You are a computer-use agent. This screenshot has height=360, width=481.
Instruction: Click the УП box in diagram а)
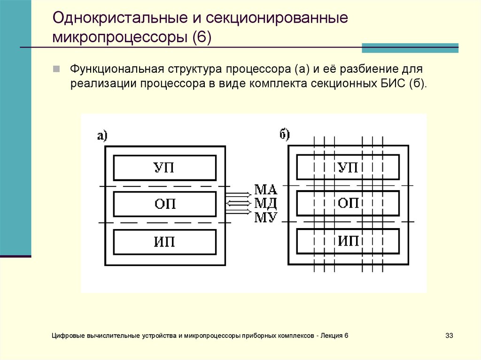165,168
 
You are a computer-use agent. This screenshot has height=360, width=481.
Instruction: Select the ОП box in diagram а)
165,204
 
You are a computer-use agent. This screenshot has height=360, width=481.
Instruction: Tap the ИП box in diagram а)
165,242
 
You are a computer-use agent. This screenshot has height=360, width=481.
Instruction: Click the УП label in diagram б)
348,168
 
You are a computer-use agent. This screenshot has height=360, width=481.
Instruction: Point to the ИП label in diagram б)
348,242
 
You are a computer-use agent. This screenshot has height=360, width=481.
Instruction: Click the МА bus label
266,190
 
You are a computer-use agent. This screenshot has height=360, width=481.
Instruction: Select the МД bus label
266,203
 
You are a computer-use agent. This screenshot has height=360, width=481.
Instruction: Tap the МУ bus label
266,217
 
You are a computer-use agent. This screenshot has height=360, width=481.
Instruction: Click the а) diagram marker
102,136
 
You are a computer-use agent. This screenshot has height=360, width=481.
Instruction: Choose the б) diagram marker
285,135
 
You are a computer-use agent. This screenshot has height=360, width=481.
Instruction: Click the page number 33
449,336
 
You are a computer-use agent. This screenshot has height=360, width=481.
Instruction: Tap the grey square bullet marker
56,69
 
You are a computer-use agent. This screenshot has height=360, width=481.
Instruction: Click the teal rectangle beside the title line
410,47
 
